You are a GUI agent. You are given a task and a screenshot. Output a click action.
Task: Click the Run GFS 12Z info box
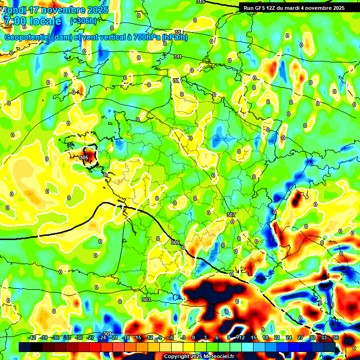[294, 7]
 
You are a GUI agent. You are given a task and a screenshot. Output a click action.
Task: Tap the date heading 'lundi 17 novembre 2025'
[55, 10]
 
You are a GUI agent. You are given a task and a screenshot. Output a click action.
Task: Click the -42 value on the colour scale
[32, 337]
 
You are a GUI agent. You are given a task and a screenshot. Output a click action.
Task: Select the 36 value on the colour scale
[336, 337]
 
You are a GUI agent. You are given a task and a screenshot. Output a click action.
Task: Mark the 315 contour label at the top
[201, 2]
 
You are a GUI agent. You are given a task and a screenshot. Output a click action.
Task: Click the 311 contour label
[178, 57]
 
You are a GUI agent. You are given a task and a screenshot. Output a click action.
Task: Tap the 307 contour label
[231, 214]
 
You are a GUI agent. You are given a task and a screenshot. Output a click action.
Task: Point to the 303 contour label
[146, 299]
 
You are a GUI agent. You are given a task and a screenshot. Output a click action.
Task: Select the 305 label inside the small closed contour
[84, 157]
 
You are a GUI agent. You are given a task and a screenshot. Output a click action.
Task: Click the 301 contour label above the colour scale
[107, 333]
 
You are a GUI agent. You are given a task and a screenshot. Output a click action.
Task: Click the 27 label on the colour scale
[300, 337]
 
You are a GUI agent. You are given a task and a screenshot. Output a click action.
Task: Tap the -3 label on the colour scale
[184, 337]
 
